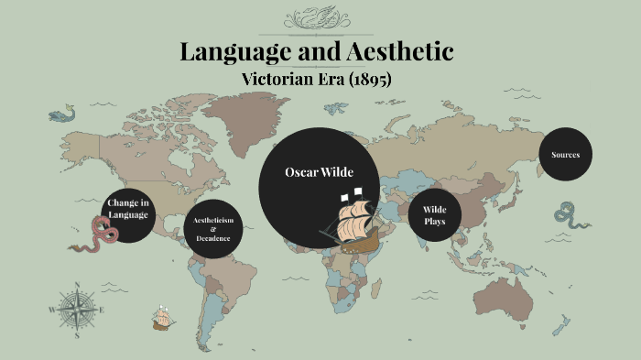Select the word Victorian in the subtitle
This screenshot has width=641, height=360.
click(x=272, y=80)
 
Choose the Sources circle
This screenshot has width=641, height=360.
click(x=565, y=155)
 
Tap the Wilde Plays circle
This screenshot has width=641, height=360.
click(x=433, y=215)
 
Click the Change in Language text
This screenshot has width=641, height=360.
click(x=128, y=208)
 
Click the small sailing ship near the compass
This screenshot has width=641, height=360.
click(x=164, y=317)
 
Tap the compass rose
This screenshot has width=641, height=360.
click(x=78, y=310)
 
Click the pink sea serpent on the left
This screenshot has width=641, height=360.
click(x=94, y=235)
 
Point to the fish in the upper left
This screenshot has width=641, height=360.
click(x=60, y=116)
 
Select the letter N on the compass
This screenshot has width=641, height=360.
click(x=78, y=286)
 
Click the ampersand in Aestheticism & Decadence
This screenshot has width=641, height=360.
click(x=212, y=229)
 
